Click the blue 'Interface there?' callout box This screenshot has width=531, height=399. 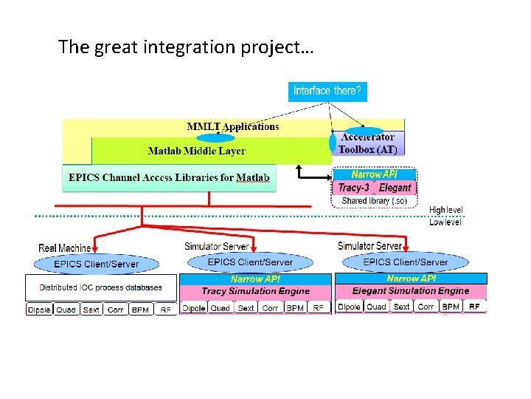point(327,91)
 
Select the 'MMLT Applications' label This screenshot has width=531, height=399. point(233,126)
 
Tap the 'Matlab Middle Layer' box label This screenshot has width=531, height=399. point(196,151)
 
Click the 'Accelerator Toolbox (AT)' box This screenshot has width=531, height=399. point(367,143)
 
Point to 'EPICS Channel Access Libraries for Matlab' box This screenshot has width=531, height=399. point(169,177)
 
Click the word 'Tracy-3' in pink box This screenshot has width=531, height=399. point(353,188)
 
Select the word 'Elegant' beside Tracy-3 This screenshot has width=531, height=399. point(395,188)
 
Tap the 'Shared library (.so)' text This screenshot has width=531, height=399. point(376,201)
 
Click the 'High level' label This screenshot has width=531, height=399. point(446,211)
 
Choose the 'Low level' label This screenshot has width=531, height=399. point(445,222)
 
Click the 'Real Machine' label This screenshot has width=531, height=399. point(65,249)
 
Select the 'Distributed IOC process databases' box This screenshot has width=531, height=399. point(101,287)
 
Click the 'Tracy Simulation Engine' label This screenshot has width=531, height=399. point(255,291)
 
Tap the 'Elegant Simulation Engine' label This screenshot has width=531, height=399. point(410,291)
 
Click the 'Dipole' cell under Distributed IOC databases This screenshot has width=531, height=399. point(39,310)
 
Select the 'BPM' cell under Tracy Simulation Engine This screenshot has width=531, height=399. point(295,308)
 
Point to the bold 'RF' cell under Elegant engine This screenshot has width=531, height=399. point(474,307)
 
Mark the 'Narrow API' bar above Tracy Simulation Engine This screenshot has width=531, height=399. point(255,279)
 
